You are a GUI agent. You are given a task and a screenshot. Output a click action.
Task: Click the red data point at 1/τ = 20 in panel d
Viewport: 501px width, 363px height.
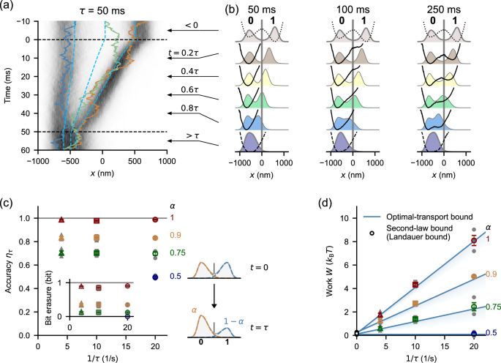[x=474, y=240]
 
